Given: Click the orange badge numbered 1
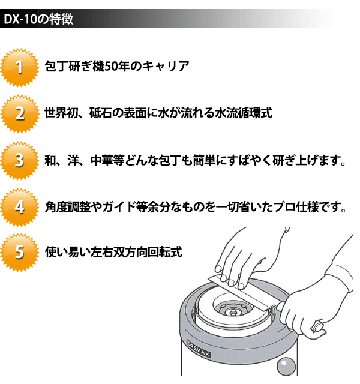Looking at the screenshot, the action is click(20, 67).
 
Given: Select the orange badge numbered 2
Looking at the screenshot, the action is click(20, 114).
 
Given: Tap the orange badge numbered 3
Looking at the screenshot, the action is click(20, 160).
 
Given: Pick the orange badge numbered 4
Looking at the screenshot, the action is click(20, 207).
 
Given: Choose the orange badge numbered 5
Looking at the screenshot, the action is click(20, 252).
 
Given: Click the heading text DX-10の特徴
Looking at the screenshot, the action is click(38, 19).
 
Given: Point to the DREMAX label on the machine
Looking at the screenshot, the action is click(199, 349).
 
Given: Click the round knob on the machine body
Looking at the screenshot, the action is click(286, 367).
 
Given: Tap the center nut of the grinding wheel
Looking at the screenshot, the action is click(232, 312).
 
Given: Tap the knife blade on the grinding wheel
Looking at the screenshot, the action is click(241, 295).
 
